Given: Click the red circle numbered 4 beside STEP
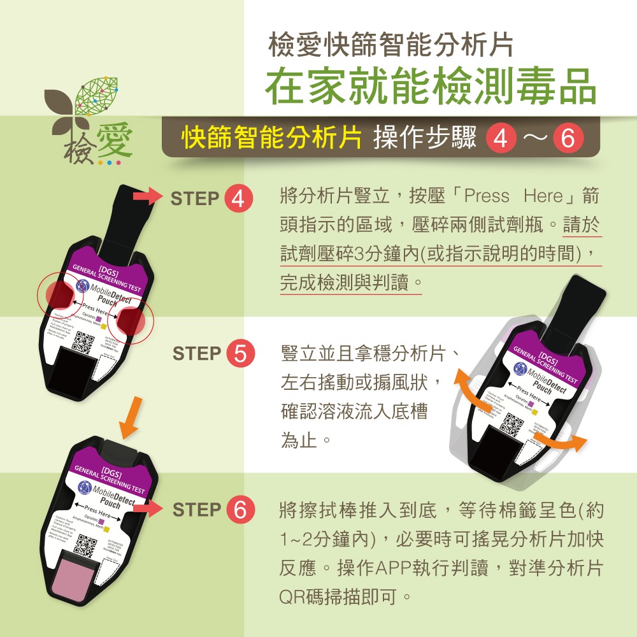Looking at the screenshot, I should pos(238,199).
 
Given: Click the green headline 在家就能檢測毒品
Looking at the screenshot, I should pos(431,87).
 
